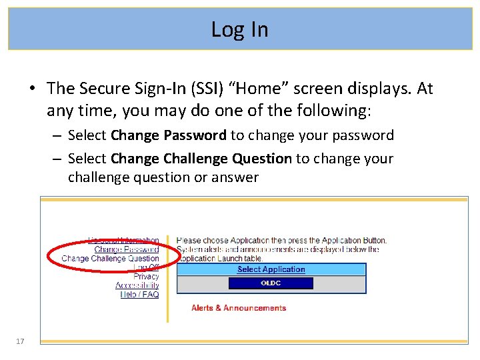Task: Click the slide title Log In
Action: click(239, 29)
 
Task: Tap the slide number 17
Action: click(19, 341)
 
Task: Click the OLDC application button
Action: click(271, 283)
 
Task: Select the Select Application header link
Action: click(271, 269)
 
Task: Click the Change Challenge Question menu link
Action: click(110, 259)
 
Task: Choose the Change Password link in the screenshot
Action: click(127, 249)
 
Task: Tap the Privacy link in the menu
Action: click(146, 277)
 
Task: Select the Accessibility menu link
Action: click(137, 285)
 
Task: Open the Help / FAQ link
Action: click(139, 295)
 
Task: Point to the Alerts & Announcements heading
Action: click(239, 308)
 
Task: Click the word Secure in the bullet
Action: click(103, 89)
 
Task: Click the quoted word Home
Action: click(251, 89)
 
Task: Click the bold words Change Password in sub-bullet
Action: click(169, 135)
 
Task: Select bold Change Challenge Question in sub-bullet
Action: click(201, 159)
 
